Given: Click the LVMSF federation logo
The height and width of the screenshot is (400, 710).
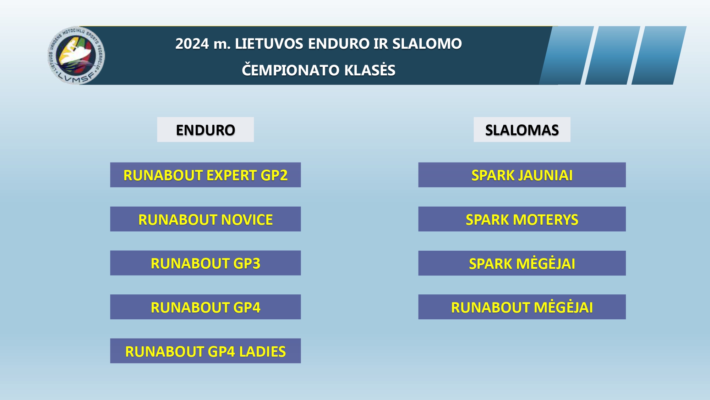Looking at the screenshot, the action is click(76, 55).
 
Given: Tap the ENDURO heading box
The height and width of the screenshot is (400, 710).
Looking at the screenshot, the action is click(206, 130).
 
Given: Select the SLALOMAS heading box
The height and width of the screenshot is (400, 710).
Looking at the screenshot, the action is click(522, 130).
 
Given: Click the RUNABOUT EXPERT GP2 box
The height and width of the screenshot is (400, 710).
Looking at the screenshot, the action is click(206, 175).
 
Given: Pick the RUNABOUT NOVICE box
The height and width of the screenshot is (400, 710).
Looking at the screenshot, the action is click(206, 219).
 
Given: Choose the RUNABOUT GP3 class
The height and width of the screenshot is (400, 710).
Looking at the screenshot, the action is click(206, 263).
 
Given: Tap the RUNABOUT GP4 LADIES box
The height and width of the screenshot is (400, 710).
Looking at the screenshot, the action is click(206, 351).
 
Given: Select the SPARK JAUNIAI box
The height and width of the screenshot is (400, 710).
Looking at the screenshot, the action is click(522, 175).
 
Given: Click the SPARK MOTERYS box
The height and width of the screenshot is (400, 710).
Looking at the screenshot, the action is click(522, 219).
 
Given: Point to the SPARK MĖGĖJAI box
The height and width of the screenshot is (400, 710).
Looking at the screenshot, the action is click(522, 263).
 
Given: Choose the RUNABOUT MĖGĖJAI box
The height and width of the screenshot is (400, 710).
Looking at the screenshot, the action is click(522, 307).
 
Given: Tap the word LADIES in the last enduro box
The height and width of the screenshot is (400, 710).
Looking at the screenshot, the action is click(262, 352).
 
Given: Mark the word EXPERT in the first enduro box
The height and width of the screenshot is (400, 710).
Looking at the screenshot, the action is click(231, 175).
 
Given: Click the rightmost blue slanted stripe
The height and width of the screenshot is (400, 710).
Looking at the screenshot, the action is click(659, 55).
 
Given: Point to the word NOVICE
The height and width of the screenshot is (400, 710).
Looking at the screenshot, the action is click(247, 220).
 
